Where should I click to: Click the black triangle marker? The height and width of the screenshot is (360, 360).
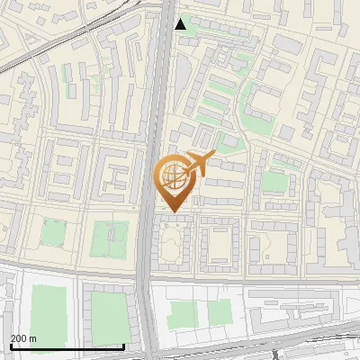(x=181, y=24)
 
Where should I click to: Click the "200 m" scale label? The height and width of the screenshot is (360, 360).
(x=23, y=337)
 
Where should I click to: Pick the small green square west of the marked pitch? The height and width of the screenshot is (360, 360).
(x=53, y=233)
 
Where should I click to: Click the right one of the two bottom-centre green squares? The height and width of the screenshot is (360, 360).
(x=220, y=311)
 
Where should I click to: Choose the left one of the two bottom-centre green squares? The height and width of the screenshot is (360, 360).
(x=183, y=314)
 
